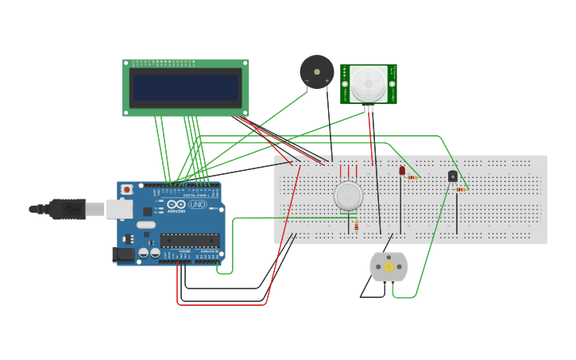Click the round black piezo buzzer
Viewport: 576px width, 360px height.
316,72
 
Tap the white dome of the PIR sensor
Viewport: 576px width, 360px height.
369,83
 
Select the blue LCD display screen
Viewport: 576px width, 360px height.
185,87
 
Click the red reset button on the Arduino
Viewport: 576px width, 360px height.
126,190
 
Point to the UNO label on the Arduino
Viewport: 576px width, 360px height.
196,205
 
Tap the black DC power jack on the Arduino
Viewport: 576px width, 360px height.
122,254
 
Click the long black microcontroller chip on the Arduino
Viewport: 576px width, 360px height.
190,239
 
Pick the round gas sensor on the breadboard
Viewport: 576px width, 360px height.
348,195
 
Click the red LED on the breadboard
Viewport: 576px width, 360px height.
402,170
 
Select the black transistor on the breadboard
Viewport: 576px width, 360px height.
453,176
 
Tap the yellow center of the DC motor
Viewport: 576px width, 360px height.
389,267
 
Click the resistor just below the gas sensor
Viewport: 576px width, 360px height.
356,226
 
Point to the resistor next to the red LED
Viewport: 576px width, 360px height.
412,177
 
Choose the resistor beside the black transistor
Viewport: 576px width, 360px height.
461,189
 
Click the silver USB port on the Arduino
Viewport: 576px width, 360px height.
119,208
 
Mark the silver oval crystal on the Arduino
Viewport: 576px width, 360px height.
145,225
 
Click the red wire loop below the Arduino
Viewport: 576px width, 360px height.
222,304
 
